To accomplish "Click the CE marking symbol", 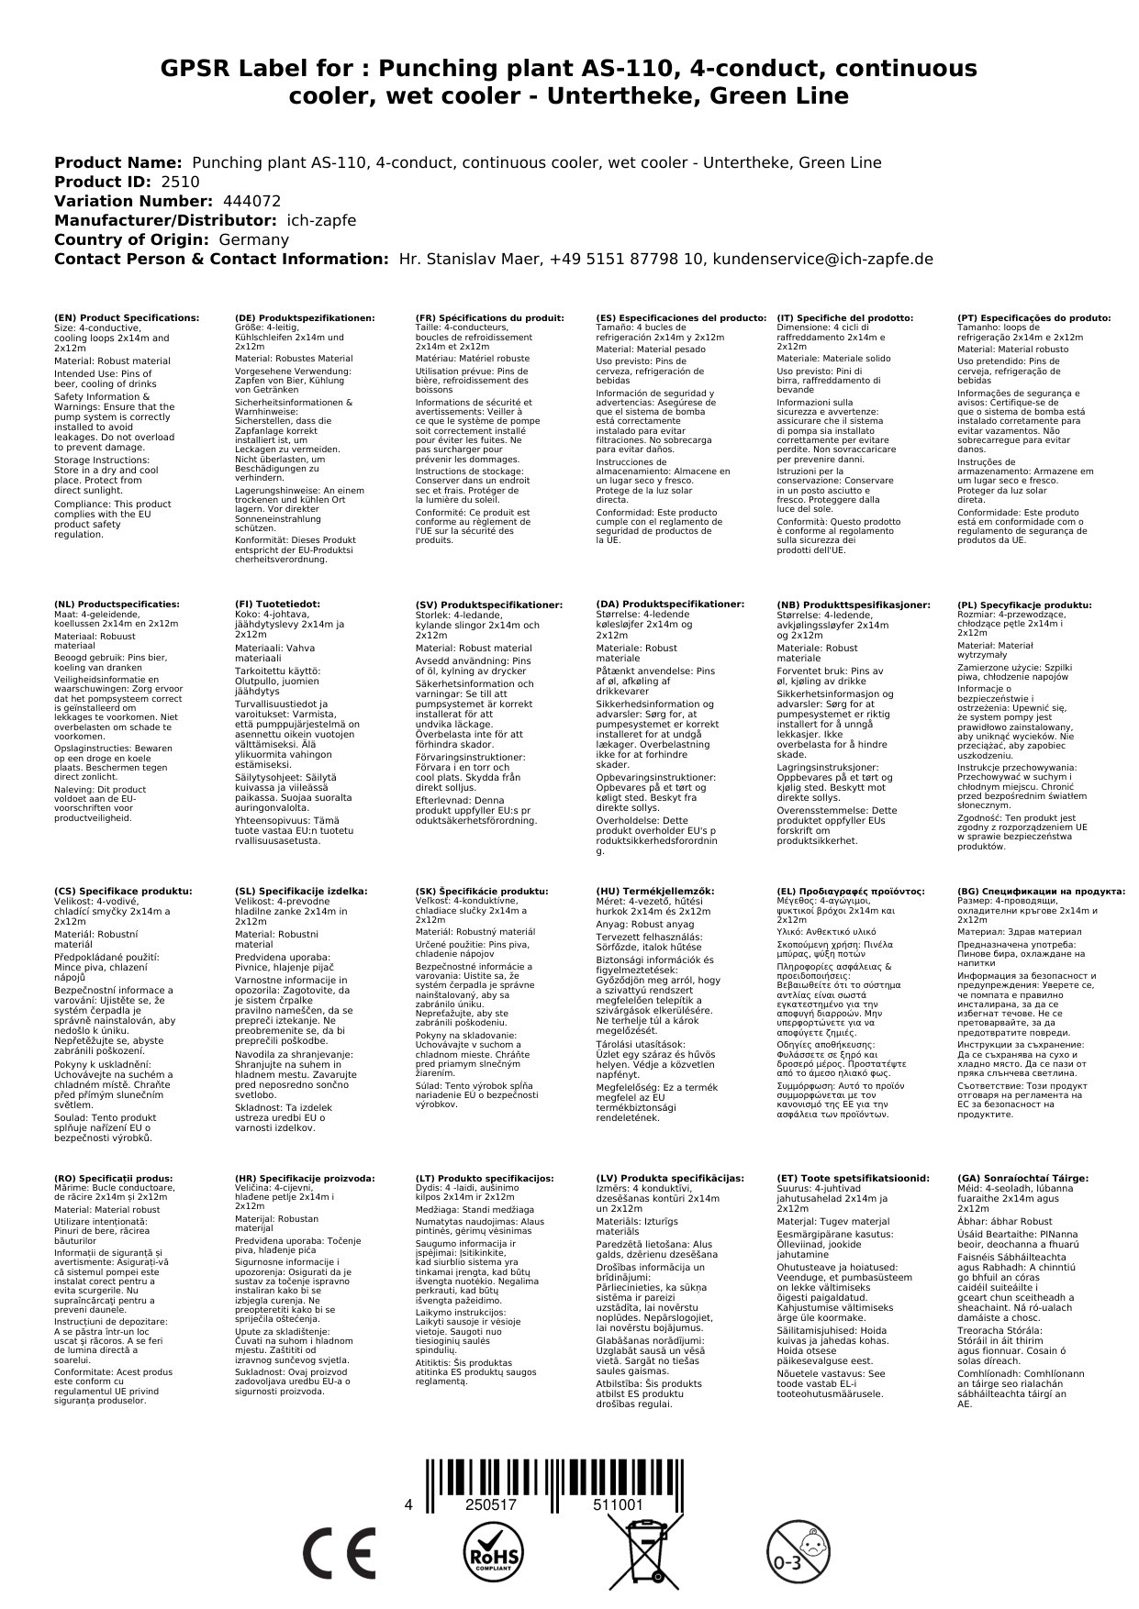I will pos(339,1552).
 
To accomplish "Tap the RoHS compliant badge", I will pos(492,1552).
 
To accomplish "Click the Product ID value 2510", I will pos(180,183).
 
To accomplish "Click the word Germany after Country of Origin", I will pos(253,240).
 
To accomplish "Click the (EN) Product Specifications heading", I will pos(127,317).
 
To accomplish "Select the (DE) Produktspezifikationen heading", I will pos(305,317).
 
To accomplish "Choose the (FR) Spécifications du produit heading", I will pos(489,317).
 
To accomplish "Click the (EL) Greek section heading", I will pos(850,891).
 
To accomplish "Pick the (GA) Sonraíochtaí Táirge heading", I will pos(1022,1178).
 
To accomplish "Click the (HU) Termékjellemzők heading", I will pos(654,891).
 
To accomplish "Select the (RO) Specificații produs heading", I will pos(114,1178).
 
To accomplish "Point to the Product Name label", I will pos(118,163).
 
